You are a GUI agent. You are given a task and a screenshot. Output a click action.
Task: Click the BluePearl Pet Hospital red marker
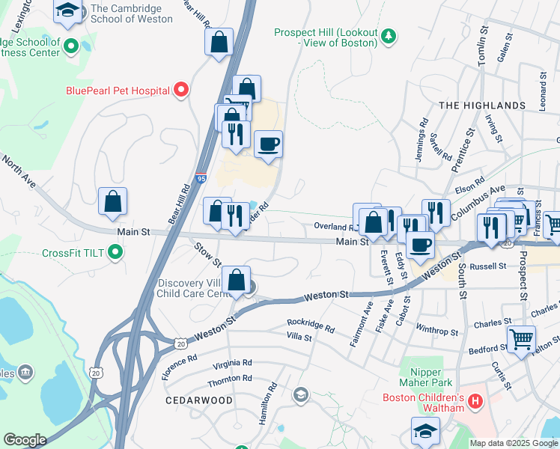(180, 91)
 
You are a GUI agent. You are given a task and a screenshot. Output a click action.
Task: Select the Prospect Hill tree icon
(388, 35)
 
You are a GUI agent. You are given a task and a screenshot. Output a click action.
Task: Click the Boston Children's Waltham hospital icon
(474, 403)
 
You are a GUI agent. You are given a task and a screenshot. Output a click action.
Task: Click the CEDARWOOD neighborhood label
(199, 400)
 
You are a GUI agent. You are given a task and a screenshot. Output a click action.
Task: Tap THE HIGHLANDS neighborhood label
(481, 106)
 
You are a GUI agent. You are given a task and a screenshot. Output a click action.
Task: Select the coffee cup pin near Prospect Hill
(268, 144)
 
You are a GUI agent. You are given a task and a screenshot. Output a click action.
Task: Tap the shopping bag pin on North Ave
(112, 201)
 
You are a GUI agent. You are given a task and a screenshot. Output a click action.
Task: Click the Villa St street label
(299, 338)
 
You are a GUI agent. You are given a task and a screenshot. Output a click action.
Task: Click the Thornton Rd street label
(229, 380)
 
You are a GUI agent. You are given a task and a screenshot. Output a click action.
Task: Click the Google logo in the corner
(25, 440)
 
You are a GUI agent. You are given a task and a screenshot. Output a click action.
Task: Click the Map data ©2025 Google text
(513, 443)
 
